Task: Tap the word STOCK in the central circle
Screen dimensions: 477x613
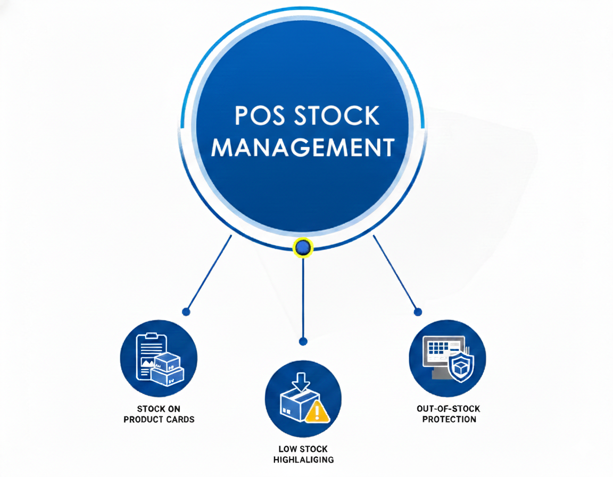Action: pos(338,116)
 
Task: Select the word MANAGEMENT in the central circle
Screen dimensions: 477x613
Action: pos(303,146)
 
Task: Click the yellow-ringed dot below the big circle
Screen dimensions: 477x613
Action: pos(303,246)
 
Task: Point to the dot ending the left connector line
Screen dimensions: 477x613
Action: pos(185,311)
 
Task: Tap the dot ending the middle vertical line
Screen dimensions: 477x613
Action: pos(303,341)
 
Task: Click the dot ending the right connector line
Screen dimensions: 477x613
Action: pos(418,311)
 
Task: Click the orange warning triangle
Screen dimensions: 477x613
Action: pos(319,412)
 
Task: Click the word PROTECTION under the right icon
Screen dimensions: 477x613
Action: pos(449,419)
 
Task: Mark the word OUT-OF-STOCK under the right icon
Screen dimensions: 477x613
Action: pos(449,409)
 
